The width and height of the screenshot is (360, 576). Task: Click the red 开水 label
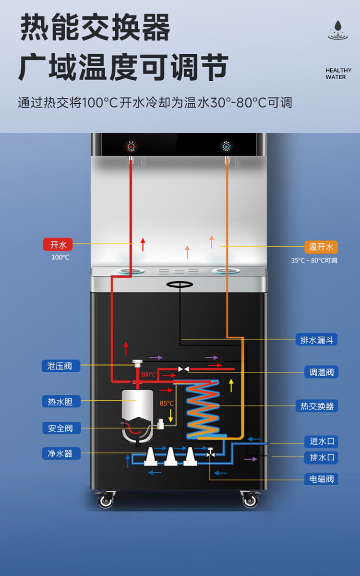click(58, 245)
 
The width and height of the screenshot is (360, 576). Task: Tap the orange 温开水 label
click(321, 247)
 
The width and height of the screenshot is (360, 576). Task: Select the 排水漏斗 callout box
click(316, 340)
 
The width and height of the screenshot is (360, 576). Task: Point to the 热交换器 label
click(317, 406)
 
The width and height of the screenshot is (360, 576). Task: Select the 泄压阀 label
click(60, 366)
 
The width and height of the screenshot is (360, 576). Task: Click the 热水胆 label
click(60, 401)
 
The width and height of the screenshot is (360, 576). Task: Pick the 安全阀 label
click(60, 428)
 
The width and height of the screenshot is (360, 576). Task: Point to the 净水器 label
click(60, 453)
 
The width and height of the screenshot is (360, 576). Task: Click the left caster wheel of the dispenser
click(106, 500)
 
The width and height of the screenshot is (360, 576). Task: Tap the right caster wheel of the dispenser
click(250, 500)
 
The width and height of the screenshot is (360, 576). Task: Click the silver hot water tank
click(137, 408)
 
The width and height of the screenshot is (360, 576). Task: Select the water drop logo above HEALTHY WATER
click(338, 29)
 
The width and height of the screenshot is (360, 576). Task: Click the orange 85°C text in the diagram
click(167, 403)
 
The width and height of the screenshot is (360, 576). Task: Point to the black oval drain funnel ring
click(180, 284)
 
